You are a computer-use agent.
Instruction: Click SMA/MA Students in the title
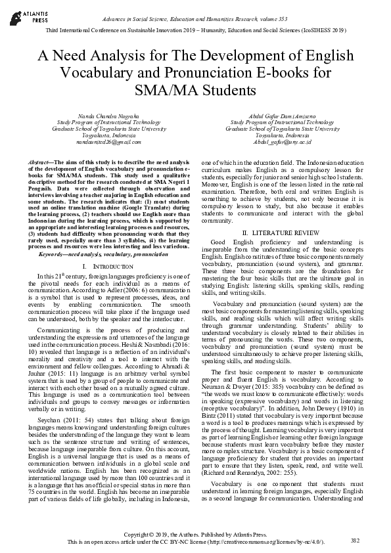(195, 89)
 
